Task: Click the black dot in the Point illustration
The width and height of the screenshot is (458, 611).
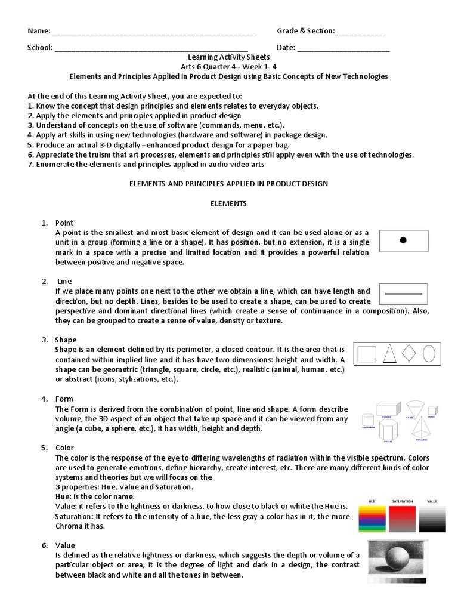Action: [403, 240]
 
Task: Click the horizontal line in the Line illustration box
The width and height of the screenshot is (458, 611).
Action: [404, 294]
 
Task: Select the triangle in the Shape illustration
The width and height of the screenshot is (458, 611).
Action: [389, 354]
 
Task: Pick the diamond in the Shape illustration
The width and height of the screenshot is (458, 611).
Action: [409, 353]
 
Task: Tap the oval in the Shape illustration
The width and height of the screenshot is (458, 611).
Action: [428, 354]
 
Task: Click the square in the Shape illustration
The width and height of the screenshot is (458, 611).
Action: [367, 354]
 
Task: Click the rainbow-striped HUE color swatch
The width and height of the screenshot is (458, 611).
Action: [372, 519]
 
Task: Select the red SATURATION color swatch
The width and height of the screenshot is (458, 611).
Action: [403, 519]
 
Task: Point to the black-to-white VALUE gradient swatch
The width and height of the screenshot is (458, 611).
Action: [432, 519]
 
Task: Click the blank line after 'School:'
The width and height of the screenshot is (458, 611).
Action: [151, 48]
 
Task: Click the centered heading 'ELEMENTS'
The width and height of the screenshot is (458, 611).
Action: [228, 203]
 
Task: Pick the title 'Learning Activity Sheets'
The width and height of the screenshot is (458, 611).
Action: [228, 57]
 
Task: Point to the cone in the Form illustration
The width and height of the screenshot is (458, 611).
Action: [414, 410]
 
